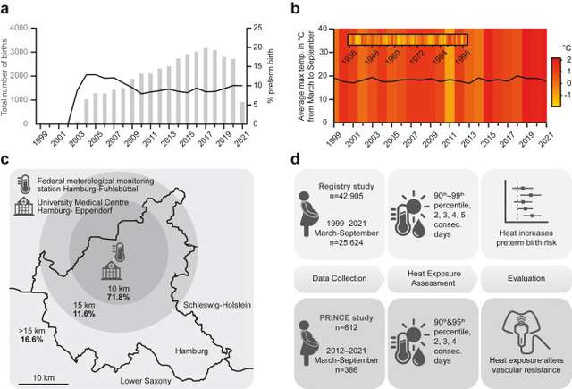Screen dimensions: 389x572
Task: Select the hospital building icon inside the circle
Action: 113,270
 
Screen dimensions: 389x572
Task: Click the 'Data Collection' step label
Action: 341,277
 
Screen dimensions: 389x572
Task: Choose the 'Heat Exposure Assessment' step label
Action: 433,277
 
